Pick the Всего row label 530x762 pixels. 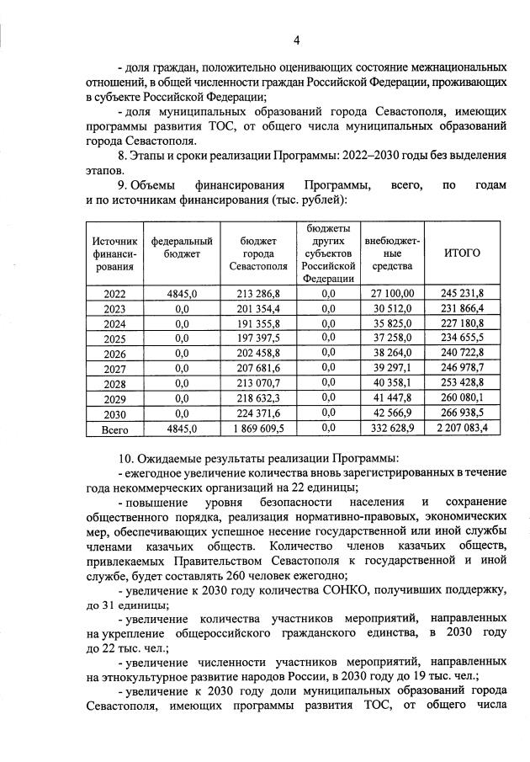pos(114,429)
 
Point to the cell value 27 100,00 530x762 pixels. pos(392,293)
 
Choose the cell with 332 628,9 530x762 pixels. pos(392,429)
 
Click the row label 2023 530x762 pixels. pos(114,308)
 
